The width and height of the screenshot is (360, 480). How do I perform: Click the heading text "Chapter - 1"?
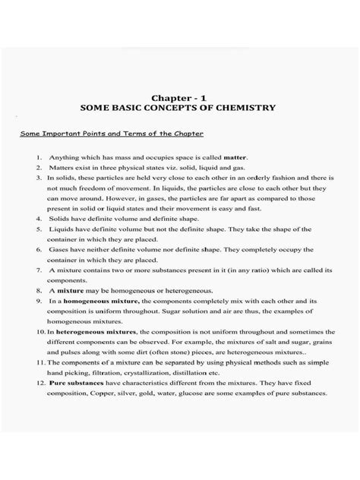point(179,98)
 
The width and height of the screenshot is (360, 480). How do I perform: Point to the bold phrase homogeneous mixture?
point(94,301)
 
